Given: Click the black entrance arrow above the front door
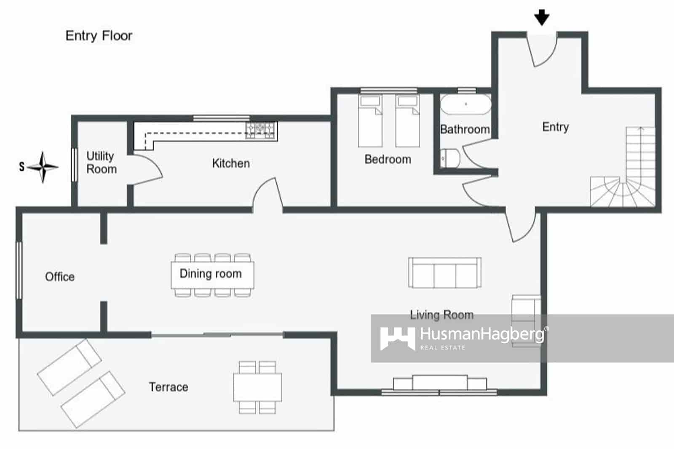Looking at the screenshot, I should pos(542,18).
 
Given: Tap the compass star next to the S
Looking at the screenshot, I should pos(43,167).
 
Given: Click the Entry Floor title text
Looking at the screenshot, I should pos(99,36).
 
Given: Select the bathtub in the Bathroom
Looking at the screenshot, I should pos(465,104).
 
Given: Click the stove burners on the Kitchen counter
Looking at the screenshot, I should pos(261,130).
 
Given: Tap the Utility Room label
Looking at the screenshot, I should pos(101,163).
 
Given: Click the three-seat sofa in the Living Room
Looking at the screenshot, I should pos(445,273).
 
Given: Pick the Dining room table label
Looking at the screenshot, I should pos(211,274).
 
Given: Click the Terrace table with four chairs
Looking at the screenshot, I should pos(257,387).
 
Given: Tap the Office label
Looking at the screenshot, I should pos(60,277).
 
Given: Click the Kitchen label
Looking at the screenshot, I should pos(230,163).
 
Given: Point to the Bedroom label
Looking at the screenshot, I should pos(388,160).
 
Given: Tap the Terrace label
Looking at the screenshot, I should pos(168,387).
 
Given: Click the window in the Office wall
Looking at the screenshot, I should pos(19,270).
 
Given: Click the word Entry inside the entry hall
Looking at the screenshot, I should pos(555,127).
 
